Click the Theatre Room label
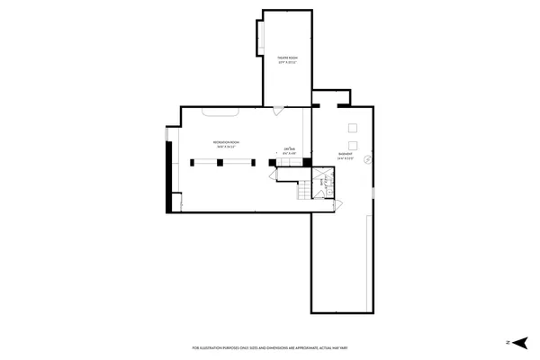click(287, 60)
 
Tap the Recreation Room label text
click(226, 144)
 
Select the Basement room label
click(345, 156)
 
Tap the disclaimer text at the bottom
click(269, 347)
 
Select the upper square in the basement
click(354, 126)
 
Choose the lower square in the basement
click(354, 145)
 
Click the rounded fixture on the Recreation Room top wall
click(220, 112)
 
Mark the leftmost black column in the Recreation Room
click(193, 162)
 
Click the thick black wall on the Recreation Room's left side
click(168, 176)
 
